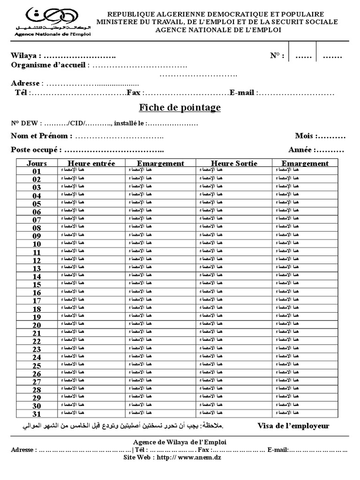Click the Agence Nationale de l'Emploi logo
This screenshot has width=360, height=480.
[x=52, y=22]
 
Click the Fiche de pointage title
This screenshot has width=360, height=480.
[x=180, y=108]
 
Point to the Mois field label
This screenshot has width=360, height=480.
[x=305, y=136]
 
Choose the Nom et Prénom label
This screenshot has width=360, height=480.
[x=42, y=136]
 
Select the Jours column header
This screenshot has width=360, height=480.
[x=37, y=163]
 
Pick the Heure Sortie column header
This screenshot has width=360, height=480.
[x=234, y=163]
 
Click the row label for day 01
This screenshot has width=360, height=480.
[x=37, y=172]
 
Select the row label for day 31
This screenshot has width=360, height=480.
[x=37, y=414]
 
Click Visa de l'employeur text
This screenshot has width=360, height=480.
[x=293, y=426]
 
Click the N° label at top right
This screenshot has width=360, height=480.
[x=277, y=56]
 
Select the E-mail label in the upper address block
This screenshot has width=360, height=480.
[x=242, y=93]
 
